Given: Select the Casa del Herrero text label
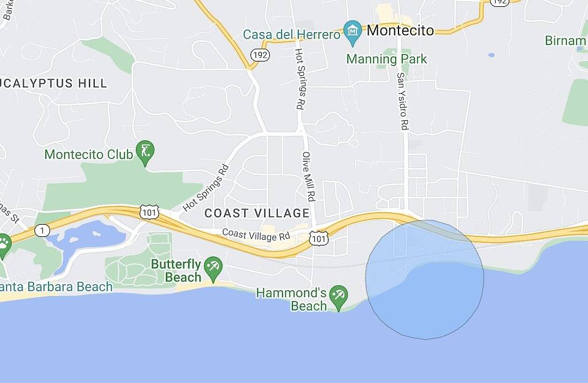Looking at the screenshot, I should [x=292, y=35].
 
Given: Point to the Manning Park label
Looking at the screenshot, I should [x=386, y=59].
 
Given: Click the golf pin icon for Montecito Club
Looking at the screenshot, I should [x=145, y=152].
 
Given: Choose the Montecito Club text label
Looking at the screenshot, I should [x=82, y=155].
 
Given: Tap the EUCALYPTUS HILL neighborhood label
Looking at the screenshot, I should [x=54, y=83].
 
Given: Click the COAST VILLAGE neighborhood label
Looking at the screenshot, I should [x=257, y=213].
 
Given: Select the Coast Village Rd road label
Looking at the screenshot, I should [x=256, y=235].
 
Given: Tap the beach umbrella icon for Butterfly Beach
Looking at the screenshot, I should [x=214, y=267].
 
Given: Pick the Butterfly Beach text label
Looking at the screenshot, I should [x=176, y=271].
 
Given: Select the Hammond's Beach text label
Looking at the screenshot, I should [x=291, y=299].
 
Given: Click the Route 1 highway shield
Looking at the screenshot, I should [x=42, y=230].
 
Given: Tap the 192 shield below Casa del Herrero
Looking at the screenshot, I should [x=258, y=55].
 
